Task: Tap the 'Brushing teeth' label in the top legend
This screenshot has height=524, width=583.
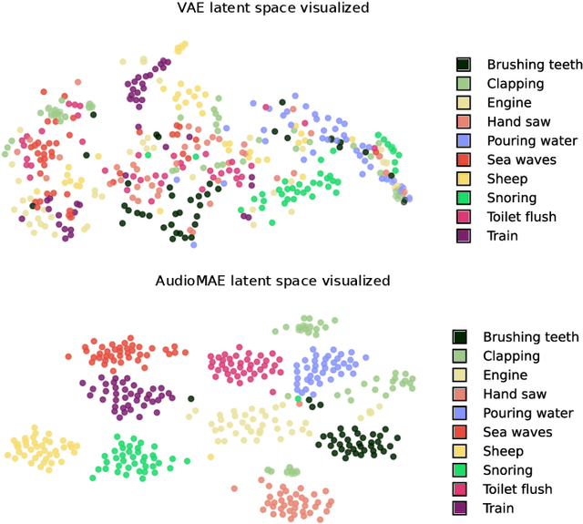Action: (534, 65)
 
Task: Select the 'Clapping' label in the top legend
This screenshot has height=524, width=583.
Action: (515, 84)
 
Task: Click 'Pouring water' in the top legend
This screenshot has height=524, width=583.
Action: (532, 140)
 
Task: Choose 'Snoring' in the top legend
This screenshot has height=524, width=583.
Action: (511, 198)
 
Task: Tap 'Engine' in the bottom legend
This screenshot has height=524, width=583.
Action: (506, 375)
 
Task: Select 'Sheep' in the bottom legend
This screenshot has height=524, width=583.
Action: (503, 451)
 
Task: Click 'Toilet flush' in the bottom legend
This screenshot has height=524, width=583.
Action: (517, 489)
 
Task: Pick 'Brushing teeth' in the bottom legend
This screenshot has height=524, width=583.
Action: (530, 337)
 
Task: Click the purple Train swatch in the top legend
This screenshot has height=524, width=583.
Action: (464, 236)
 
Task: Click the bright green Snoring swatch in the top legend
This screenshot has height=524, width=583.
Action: (464, 198)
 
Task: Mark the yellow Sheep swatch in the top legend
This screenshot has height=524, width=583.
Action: (464, 179)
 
